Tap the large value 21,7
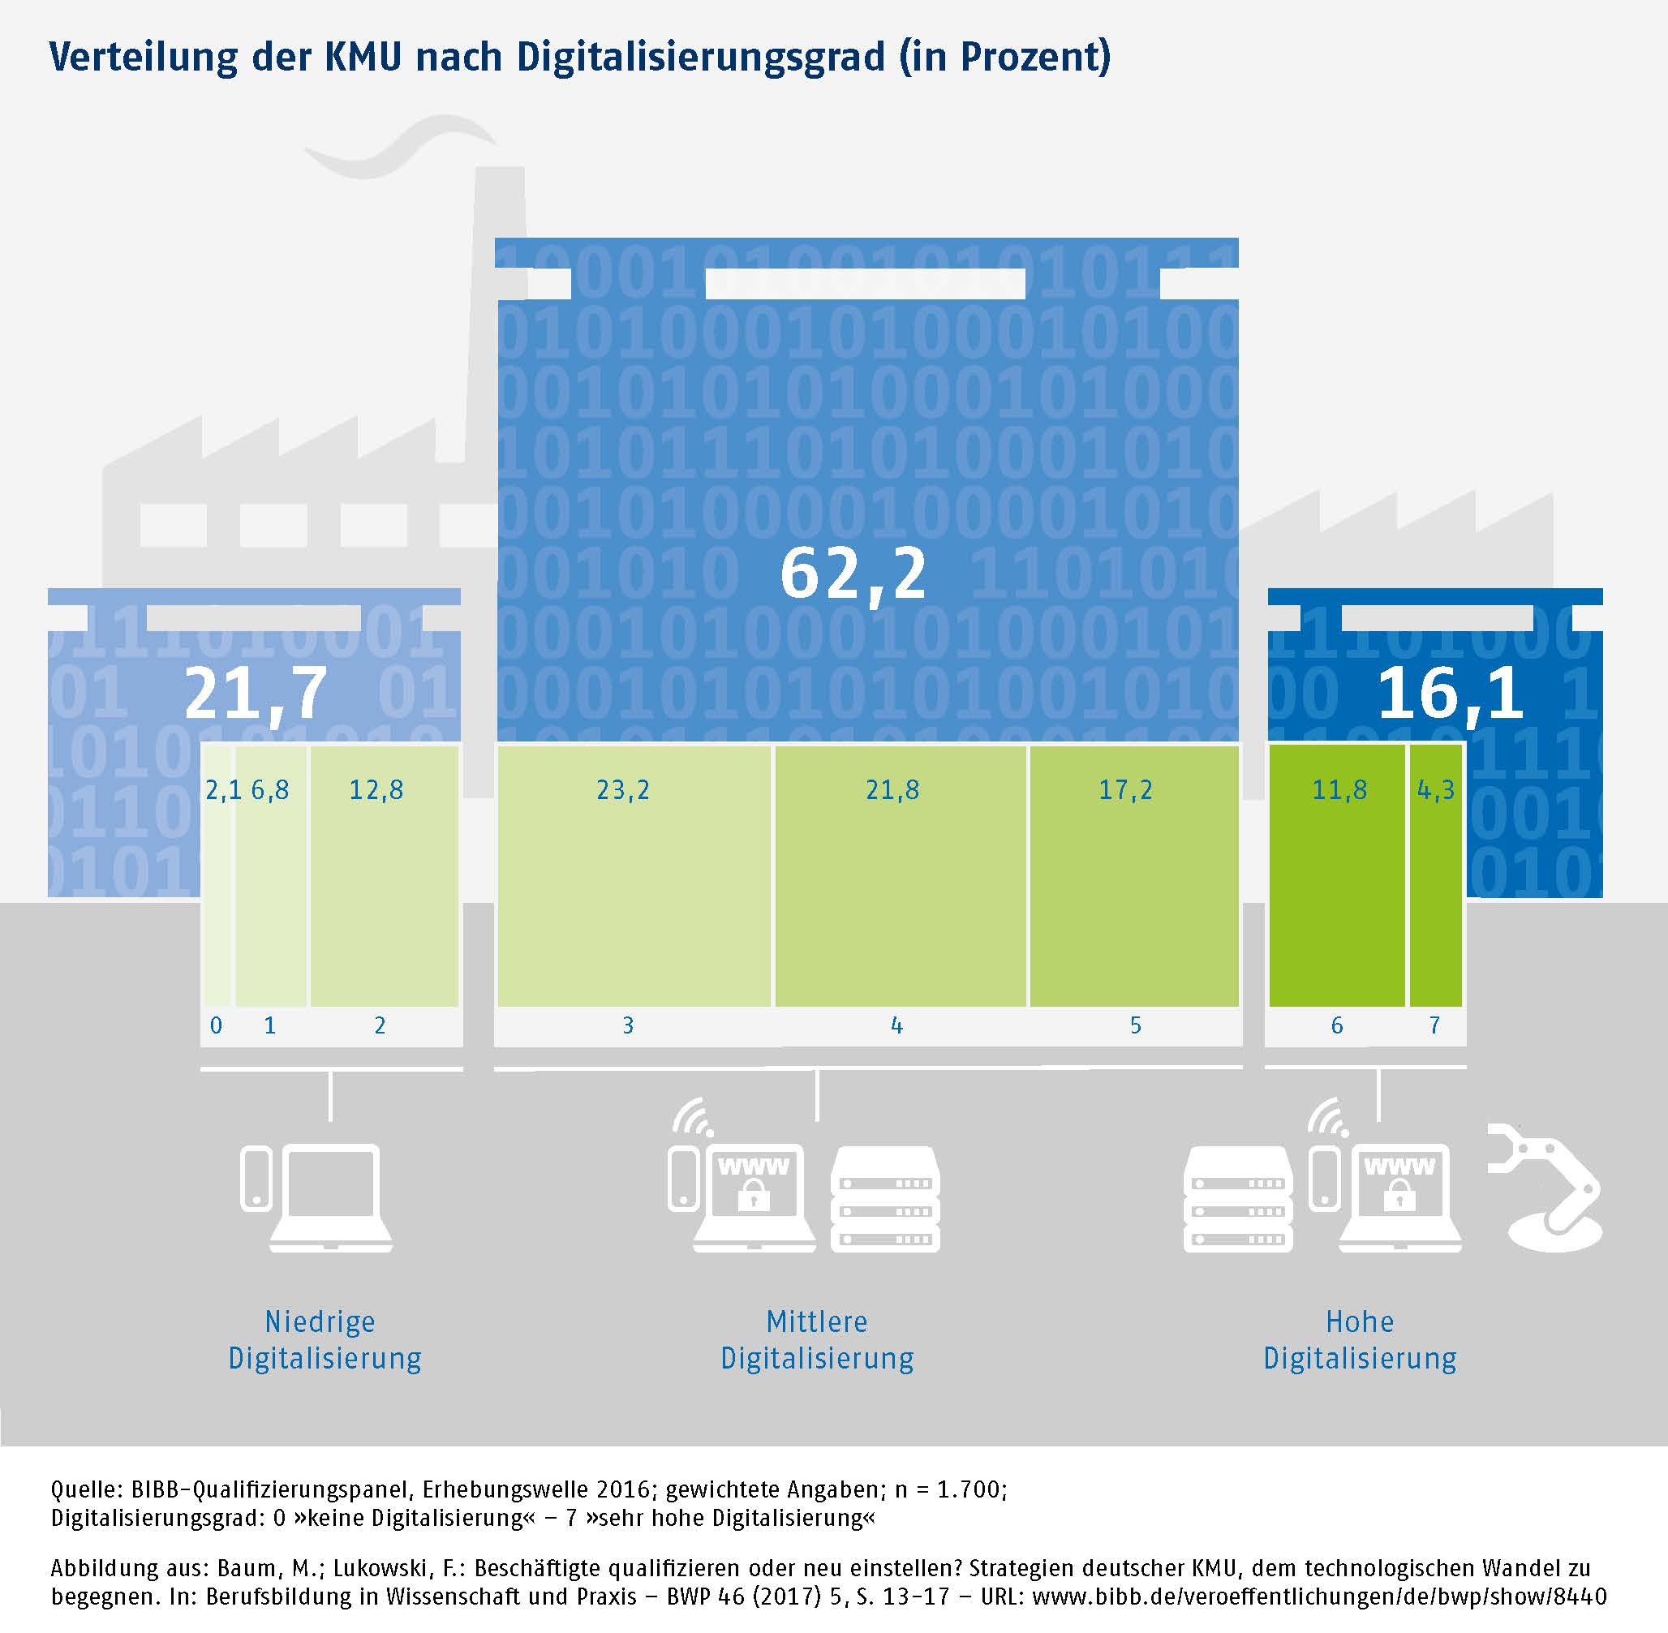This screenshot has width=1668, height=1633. [255, 694]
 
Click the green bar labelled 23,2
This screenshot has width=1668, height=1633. [633, 875]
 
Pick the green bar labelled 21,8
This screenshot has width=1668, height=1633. [900, 875]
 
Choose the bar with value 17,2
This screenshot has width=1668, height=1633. [1133, 875]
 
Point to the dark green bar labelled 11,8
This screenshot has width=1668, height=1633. [1336, 875]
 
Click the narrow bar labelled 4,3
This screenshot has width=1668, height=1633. [1436, 875]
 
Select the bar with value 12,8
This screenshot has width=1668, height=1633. [384, 875]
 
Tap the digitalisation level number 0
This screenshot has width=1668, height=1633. [216, 1025]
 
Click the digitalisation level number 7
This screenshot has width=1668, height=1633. [1434, 1025]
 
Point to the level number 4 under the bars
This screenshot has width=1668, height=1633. [897, 1025]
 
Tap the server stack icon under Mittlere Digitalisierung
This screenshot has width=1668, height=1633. [885, 1199]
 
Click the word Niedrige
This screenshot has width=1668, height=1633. [320, 1321]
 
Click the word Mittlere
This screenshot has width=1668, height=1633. [816, 1321]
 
